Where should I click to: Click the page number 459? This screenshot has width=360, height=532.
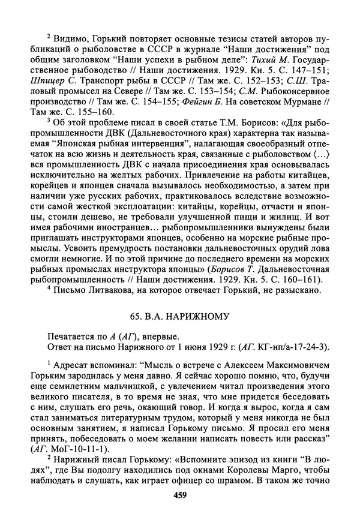coord(180,495)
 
